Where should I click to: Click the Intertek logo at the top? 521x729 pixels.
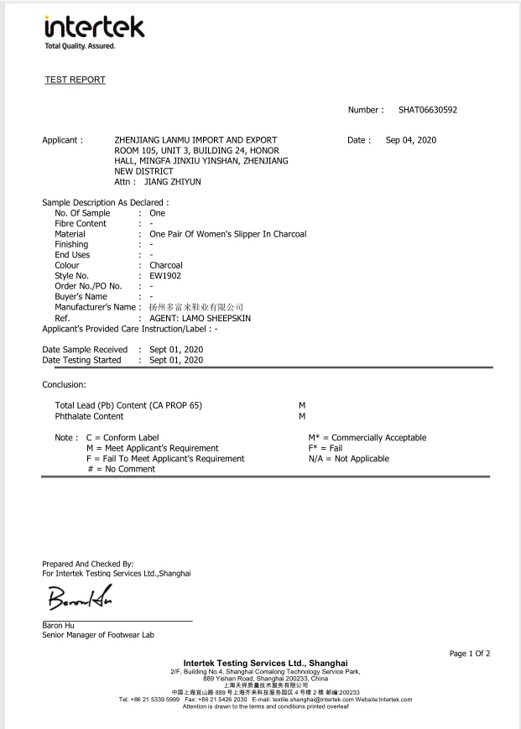pyautogui.click(x=93, y=32)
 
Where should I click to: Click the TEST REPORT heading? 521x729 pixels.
pyautogui.click(x=75, y=80)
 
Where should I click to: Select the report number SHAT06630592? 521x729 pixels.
pyautogui.click(x=427, y=110)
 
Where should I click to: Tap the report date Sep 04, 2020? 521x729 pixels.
pyautogui.click(x=410, y=140)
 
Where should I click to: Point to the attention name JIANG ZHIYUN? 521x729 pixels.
pyautogui.click(x=173, y=181)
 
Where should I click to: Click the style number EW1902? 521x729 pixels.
pyautogui.click(x=165, y=275)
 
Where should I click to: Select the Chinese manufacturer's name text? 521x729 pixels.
pyautogui.click(x=195, y=307)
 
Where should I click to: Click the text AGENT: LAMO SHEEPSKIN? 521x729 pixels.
pyautogui.click(x=200, y=319)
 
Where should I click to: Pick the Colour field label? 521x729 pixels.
pyautogui.click(x=67, y=265)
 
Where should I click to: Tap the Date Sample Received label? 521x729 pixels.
pyautogui.click(x=85, y=349)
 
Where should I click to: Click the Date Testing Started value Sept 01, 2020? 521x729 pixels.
pyautogui.click(x=176, y=360)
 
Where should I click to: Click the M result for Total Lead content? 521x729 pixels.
pyautogui.click(x=302, y=405)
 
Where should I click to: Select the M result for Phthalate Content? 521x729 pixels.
pyautogui.click(x=302, y=416)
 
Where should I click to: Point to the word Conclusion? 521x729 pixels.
pyautogui.click(x=65, y=384)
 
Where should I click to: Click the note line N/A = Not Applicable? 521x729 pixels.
pyautogui.click(x=348, y=459)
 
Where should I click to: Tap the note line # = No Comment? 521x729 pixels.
pyautogui.click(x=121, y=469)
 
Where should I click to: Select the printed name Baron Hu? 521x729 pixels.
pyautogui.click(x=57, y=625)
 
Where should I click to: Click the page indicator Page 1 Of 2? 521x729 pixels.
pyautogui.click(x=470, y=653)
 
